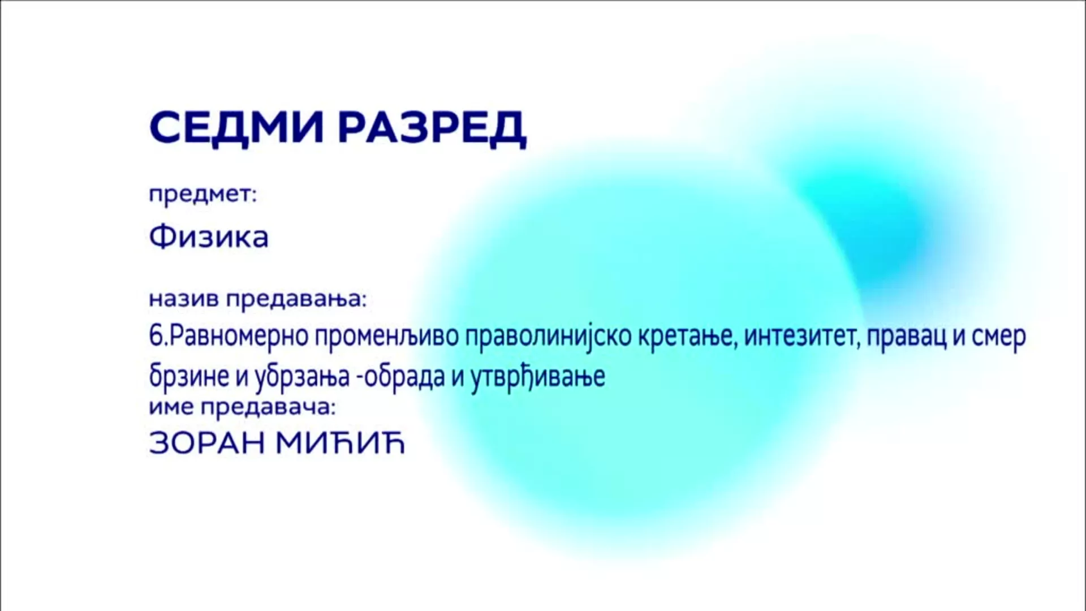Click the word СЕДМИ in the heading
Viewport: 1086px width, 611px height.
[x=237, y=127]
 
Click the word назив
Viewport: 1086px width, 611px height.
[x=183, y=298]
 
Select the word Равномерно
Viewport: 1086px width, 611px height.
[x=238, y=337]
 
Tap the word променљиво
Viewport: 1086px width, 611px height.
[x=387, y=337]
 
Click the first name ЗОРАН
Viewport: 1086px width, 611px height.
[x=206, y=444]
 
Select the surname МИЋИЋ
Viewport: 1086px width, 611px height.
[x=341, y=443]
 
